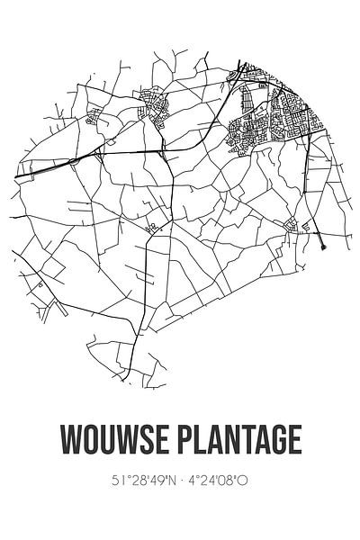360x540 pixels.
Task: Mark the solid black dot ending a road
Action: pos(322,242)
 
